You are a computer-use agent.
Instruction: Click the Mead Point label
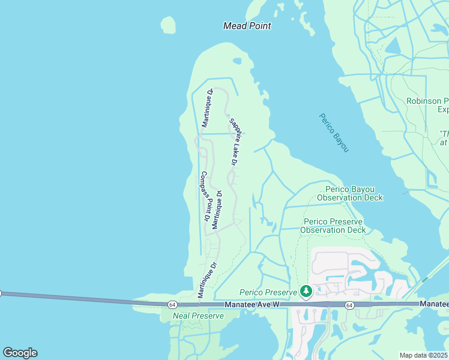point(247,26)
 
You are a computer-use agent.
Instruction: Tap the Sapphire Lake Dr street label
point(235,142)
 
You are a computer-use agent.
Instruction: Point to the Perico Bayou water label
point(334,132)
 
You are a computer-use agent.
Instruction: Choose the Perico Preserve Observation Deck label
point(333,226)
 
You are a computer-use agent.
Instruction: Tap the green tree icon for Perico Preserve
point(307,292)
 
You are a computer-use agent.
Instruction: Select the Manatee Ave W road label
point(253,305)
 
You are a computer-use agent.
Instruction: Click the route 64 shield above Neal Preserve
point(172,305)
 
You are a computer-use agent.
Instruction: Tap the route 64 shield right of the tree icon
point(349,305)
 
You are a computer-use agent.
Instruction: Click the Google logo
point(20,353)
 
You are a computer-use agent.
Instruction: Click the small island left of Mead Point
point(169,25)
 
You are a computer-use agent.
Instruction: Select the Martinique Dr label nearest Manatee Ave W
point(207,280)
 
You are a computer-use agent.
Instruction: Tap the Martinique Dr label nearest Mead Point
point(207,109)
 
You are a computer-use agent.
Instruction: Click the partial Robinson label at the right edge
point(427,101)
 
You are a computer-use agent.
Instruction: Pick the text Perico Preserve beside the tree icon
point(268,292)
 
